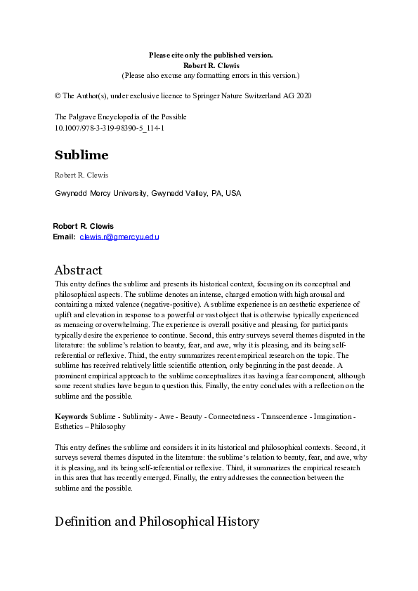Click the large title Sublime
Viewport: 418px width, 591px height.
(81, 155)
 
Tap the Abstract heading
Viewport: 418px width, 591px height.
(78, 270)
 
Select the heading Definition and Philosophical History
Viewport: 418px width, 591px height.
(157, 522)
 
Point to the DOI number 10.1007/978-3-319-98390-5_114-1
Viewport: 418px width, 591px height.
(110, 128)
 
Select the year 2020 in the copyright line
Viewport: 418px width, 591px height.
(301, 95)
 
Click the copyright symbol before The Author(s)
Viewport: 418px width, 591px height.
(58, 95)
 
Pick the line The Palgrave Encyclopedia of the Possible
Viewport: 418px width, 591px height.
(121, 117)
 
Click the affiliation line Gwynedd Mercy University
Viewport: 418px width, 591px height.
(148, 193)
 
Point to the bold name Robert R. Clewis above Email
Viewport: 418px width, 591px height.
(83, 226)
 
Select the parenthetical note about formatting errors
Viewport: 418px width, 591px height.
(211, 74)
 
